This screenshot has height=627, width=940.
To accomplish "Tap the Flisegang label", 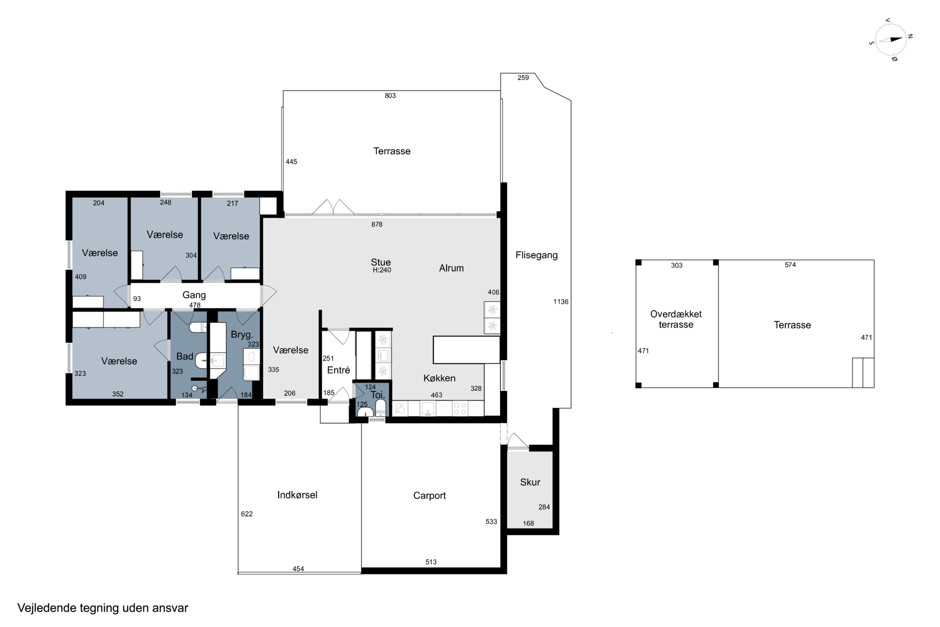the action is (x=536, y=255).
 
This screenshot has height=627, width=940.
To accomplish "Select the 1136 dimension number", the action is (x=561, y=302).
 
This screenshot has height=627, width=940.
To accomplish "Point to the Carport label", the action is (x=429, y=495).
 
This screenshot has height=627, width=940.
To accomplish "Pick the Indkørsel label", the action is (x=297, y=495).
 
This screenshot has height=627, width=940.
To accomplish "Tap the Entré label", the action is (x=338, y=370).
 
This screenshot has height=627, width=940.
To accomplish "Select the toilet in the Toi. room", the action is (x=381, y=408).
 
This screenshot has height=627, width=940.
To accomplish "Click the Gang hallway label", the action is (x=194, y=295).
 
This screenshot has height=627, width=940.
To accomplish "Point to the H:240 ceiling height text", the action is (x=382, y=270).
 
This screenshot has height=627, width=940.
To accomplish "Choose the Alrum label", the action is (x=451, y=268).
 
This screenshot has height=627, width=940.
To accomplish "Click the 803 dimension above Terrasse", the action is (x=390, y=96).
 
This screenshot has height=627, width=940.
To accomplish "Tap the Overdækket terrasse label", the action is (x=676, y=319).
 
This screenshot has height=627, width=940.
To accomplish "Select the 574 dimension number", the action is (x=790, y=265).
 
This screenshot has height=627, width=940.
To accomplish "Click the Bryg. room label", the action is (x=242, y=335).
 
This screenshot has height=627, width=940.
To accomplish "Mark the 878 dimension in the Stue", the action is (x=377, y=224).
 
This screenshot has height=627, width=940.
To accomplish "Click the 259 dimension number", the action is (x=523, y=77).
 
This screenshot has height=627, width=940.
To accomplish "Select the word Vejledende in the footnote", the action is (x=47, y=608).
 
